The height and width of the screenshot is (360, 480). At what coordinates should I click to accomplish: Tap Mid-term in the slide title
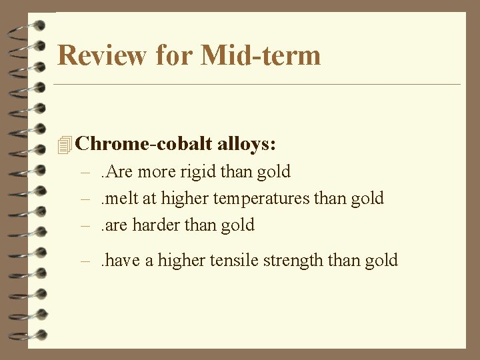click(261, 55)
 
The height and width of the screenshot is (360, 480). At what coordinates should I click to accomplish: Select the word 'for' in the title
click(175, 55)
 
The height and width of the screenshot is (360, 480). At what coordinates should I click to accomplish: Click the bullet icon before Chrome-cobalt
click(64, 144)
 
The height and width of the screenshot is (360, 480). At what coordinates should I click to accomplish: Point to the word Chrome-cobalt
click(143, 143)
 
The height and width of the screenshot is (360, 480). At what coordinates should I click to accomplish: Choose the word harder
click(156, 225)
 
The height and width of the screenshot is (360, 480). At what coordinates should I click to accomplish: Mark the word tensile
click(233, 260)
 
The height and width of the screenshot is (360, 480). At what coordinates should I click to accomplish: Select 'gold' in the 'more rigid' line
click(273, 171)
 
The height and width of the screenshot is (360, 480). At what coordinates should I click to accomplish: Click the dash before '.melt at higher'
click(85, 199)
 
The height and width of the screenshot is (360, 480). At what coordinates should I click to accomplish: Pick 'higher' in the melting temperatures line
click(185, 198)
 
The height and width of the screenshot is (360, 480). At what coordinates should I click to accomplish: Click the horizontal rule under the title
click(257, 85)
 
